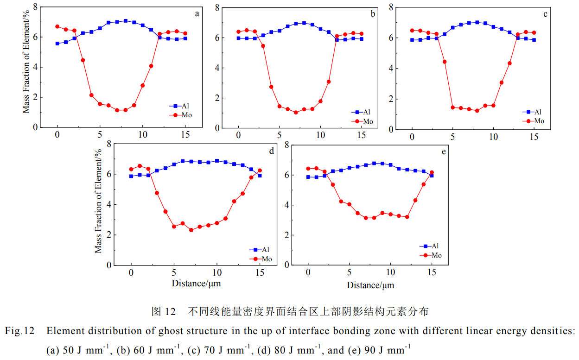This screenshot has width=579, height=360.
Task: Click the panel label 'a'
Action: point(197,14)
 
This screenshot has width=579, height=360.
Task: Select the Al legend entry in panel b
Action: point(361,112)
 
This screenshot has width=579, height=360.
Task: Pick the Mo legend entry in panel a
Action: point(181,115)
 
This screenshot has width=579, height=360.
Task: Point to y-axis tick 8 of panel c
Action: point(391,7)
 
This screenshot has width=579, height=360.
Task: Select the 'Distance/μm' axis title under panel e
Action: point(370,285)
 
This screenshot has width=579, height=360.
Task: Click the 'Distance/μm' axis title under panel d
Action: point(196,283)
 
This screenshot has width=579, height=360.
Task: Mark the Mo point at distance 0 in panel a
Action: point(57,26)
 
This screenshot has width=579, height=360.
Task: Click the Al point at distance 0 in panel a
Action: point(57,44)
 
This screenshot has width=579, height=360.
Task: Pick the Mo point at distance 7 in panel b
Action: point(296,113)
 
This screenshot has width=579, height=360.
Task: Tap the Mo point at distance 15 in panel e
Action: point(432,172)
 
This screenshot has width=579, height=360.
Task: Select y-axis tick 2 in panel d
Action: point(109,234)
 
